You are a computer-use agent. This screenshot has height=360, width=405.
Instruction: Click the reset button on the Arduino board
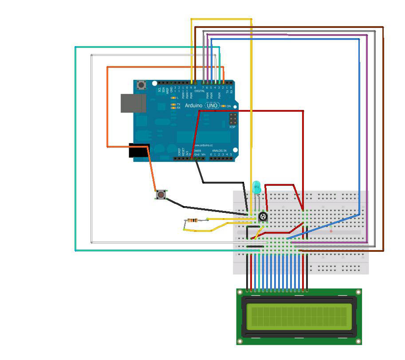tap(142, 85)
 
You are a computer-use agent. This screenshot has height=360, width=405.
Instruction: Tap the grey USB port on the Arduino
tap(133, 102)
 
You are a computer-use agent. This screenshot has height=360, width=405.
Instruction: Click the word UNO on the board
tap(213, 106)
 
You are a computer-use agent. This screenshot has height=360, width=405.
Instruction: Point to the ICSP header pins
tap(232, 119)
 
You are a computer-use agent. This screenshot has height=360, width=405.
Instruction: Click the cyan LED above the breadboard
tap(256, 187)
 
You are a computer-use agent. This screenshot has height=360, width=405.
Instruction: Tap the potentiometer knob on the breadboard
tap(263, 217)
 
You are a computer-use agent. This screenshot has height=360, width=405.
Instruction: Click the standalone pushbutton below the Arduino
tap(161, 194)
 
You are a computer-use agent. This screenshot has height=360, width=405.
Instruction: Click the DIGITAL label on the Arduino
tap(200, 91)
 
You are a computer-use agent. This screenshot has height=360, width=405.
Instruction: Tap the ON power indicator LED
tap(224, 106)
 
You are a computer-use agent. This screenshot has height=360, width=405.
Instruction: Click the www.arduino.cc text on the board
tap(204, 145)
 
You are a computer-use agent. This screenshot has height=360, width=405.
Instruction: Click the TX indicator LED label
tap(178, 104)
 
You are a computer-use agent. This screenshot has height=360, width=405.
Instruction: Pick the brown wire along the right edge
tap(383, 133)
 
